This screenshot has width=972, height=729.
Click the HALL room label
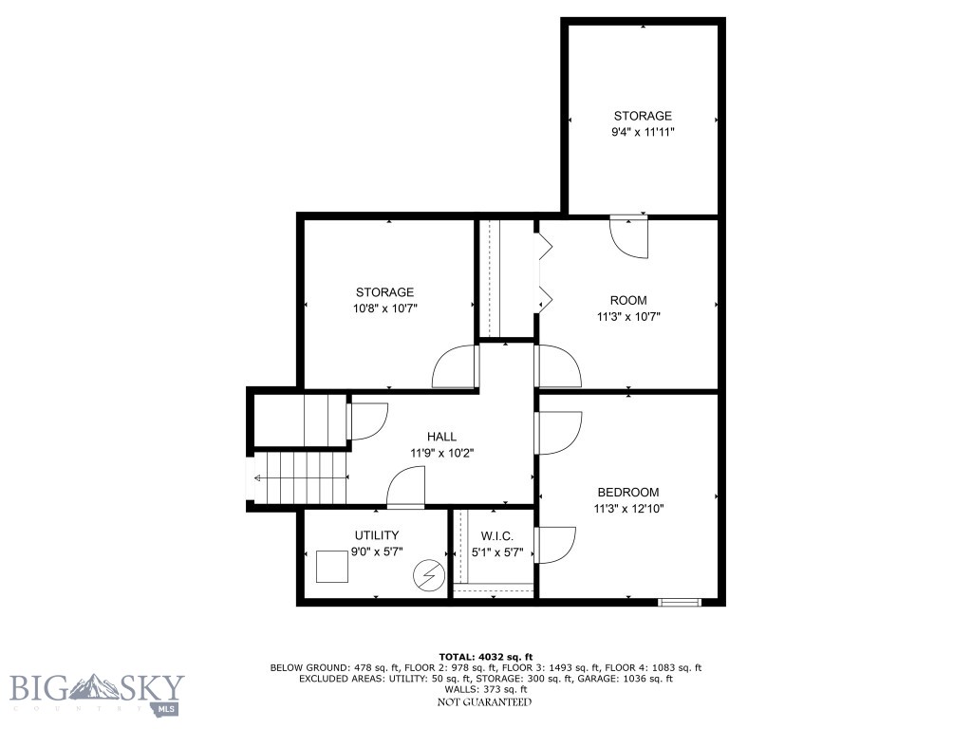click(x=441, y=436)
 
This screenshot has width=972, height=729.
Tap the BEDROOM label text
click(x=627, y=492)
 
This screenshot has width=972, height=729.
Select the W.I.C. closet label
click(x=496, y=535)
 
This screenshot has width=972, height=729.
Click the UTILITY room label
click(x=376, y=535)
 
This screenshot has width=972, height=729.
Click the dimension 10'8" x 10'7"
click(x=384, y=308)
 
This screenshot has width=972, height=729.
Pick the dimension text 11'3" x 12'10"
click(x=627, y=508)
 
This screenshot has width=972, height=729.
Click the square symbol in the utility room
click(x=332, y=567)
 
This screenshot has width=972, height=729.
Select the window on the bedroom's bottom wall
click(x=680, y=601)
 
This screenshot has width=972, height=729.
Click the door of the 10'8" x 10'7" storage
click(x=455, y=366)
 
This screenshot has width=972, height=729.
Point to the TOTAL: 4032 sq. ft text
click(x=485, y=656)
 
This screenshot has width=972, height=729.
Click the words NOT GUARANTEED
click(x=484, y=701)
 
